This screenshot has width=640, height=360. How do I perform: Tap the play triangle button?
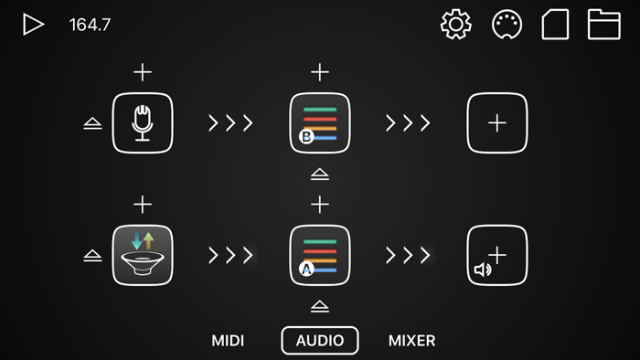click(x=33, y=25)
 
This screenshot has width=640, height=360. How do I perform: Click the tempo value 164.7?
click(x=90, y=25)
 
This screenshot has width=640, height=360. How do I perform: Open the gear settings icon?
click(x=455, y=25)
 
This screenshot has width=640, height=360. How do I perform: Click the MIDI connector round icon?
click(x=507, y=25)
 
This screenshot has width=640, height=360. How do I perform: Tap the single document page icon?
click(x=555, y=25)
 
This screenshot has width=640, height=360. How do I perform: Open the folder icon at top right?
click(x=603, y=25)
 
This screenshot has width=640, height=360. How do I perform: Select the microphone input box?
click(x=143, y=122)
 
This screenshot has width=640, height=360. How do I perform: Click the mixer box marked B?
click(x=319, y=122)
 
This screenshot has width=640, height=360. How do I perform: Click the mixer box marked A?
click(x=319, y=255)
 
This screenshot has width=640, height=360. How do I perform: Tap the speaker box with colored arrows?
click(x=143, y=255)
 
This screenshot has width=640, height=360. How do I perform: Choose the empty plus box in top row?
click(x=496, y=122)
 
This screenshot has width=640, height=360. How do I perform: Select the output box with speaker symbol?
click(x=496, y=255)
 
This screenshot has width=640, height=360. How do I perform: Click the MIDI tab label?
click(x=228, y=341)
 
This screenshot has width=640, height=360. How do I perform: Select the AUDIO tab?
click(x=320, y=341)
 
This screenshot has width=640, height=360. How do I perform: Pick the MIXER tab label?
click(x=411, y=341)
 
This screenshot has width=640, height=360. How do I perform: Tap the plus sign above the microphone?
click(x=143, y=72)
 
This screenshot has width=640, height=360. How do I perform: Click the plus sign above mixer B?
click(x=319, y=72)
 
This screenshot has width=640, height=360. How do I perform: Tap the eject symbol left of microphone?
click(x=92, y=123)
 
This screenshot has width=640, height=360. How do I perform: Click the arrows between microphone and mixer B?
click(x=230, y=122)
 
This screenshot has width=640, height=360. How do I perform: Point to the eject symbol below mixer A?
click(x=319, y=306)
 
